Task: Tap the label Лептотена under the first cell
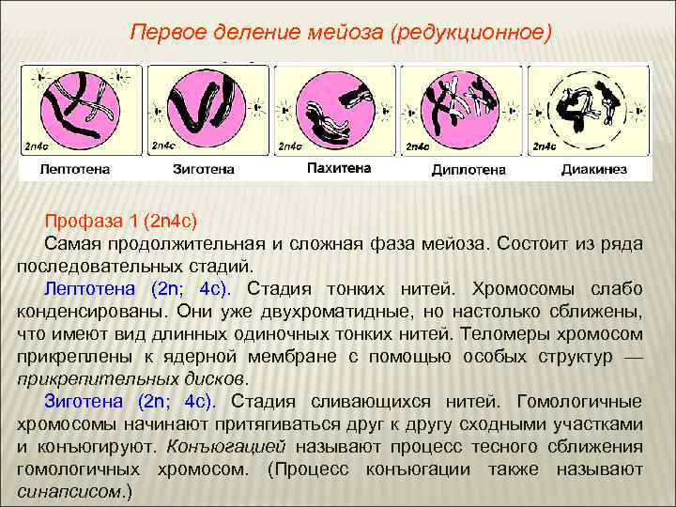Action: click(74, 170)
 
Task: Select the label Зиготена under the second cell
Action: click(204, 170)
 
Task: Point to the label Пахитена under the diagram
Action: click(339, 168)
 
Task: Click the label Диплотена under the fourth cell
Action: click(468, 170)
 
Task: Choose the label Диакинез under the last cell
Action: click(593, 170)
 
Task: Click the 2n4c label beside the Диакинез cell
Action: click(545, 146)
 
